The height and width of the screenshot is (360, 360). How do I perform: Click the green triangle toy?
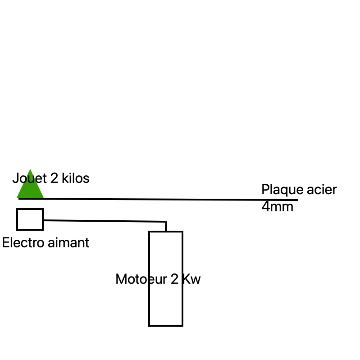click(30, 189)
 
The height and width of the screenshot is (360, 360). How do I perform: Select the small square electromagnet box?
click(30, 219)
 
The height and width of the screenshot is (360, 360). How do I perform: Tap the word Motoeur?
click(141, 279)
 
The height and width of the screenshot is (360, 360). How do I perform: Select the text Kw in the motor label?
click(191, 279)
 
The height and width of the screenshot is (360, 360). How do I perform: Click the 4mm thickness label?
click(277, 207)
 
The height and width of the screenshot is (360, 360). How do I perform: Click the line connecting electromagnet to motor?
click(104, 221)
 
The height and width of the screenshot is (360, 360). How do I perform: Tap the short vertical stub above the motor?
click(166, 226)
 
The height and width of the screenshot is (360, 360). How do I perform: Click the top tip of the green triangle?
click(30, 170)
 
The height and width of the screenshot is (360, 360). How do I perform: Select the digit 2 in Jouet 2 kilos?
click(54, 178)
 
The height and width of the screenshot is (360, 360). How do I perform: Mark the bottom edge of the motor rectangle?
click(165, 325)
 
